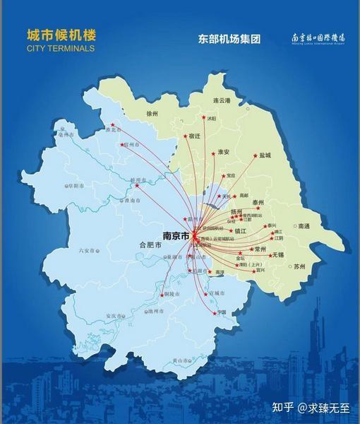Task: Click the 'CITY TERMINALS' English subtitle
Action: [60, 49]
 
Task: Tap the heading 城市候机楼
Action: [61, 35]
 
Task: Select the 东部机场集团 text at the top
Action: [229, 39]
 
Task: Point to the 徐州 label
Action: [152, 113]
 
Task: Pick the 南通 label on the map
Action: [304, 226]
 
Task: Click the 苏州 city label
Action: [299, 266]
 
